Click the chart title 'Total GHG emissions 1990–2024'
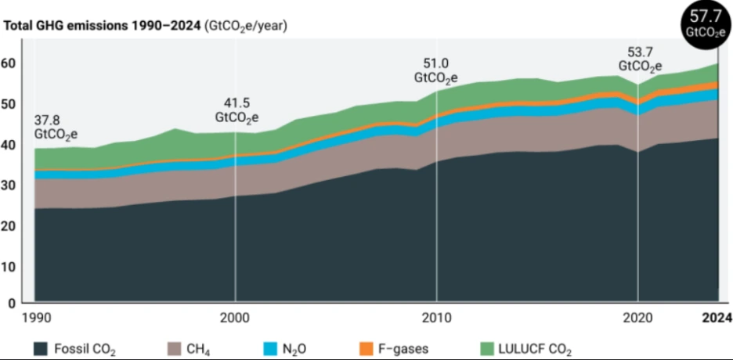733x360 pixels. [103, 26]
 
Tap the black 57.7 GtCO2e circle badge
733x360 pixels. [702, 22]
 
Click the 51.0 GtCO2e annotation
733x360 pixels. [435, 72]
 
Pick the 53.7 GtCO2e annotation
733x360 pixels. [641, 59]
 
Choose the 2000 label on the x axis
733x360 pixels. [235, 318]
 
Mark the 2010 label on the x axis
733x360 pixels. [436, 318]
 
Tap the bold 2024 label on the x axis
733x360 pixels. [716, 318]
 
